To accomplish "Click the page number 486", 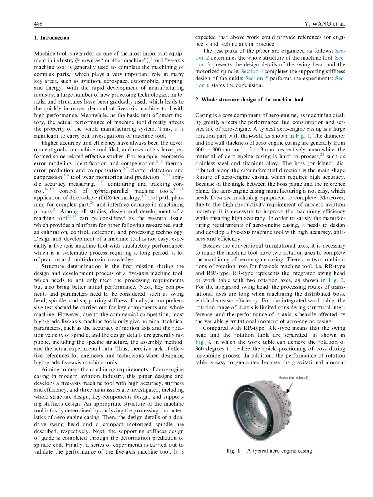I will (38, 24).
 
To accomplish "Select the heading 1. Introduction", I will (52, 38).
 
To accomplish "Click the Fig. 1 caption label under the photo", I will (233, 451).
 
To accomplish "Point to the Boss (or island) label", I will (294, 377).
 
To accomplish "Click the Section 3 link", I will (200, 64).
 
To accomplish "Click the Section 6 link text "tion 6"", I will (200, 85).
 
